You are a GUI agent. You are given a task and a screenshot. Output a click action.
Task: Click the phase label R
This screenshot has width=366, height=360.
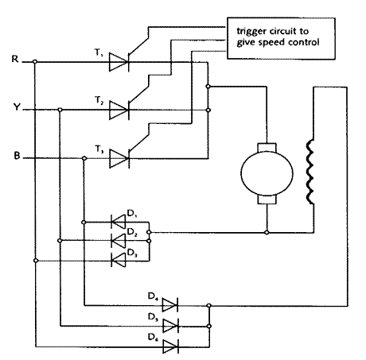[15, 59]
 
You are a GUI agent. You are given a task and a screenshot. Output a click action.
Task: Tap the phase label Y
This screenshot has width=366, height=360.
[17, 106]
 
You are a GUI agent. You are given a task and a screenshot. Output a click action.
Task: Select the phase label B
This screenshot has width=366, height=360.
[17, 155]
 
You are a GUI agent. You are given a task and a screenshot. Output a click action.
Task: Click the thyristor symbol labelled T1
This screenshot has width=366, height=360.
[119, 62]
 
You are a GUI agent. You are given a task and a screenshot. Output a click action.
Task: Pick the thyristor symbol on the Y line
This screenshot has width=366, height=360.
[119, 110]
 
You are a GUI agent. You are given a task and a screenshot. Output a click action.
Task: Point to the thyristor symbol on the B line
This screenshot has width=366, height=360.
[119, 158]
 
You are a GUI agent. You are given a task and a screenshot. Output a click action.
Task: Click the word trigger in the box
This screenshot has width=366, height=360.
[251, 32]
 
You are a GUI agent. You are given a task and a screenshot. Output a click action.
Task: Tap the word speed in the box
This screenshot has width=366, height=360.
[272, 43]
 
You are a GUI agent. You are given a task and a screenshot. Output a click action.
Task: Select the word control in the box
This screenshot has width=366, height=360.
[304, 42]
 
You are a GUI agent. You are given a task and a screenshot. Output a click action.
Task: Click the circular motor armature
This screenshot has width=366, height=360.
[267, 173]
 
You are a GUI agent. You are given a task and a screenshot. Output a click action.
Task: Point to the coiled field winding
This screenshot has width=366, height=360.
[310, 172]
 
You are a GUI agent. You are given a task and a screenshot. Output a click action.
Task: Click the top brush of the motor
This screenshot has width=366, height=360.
[267, 148]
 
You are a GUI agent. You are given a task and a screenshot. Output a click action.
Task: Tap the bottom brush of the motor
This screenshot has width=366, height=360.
[267, 199]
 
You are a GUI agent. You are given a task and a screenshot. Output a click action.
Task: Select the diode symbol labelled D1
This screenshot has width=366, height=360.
[118, 222]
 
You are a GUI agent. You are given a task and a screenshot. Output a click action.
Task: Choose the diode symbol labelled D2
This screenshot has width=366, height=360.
[119, 241]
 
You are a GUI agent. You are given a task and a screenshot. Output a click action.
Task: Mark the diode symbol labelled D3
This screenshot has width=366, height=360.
[119, 261]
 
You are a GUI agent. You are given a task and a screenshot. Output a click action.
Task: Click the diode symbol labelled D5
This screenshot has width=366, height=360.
[170, 326]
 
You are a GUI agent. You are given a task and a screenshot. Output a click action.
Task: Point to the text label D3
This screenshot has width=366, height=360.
[132, 253]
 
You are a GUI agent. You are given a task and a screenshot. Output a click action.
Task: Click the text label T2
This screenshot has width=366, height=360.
[99, 100]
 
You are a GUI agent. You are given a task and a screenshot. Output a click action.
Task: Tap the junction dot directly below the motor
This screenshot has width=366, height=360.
[267, 233]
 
